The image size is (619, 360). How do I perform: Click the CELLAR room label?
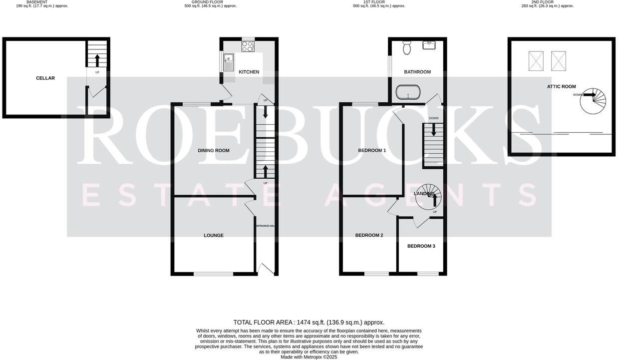coord(45,78)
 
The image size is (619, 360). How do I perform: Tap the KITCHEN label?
coord(249,72)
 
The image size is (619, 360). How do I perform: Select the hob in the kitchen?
coord(248,46)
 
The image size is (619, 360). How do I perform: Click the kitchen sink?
coord(229,63)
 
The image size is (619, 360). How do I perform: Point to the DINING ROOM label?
coord(213,150)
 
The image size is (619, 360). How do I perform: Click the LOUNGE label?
coord(213,235)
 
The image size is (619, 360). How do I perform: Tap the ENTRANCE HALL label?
coord(266,226)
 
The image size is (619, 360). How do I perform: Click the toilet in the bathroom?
coord(406,48)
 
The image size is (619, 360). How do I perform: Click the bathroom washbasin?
coord(429,45)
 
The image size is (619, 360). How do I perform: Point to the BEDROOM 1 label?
coord(372,150)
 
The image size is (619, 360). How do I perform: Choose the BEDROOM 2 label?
coord(369,235)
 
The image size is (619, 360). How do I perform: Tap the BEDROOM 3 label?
coord(421,246)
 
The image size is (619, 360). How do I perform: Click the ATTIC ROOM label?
coord(561,86)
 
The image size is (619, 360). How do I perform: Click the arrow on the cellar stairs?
coord(97,60)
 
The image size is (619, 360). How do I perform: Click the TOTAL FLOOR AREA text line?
coord(309,323)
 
